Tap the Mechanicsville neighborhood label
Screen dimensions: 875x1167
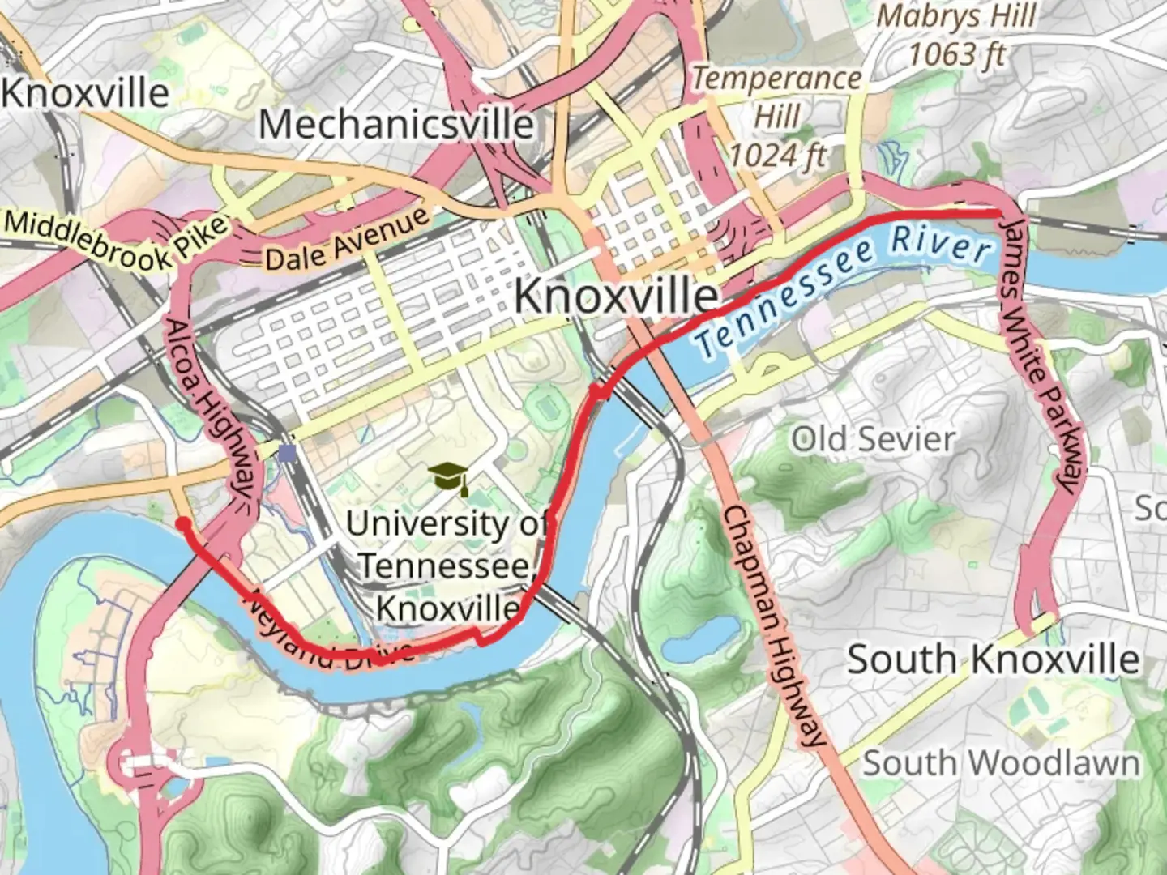[395, 125]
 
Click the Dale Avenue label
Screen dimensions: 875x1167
[347, 241]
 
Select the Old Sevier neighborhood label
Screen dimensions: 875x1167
[873, 440]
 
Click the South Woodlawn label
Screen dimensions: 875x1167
[1000, 763]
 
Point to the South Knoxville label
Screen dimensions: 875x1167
[993, 659]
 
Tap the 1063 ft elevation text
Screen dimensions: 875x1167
[956, 54]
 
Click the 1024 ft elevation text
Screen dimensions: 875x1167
[776, 154]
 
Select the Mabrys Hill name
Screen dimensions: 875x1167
[956, 16]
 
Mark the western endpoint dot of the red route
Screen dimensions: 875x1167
[184, 523]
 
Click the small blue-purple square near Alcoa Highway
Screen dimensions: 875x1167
[286, 451]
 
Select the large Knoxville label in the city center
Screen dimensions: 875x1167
[616, 296]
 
